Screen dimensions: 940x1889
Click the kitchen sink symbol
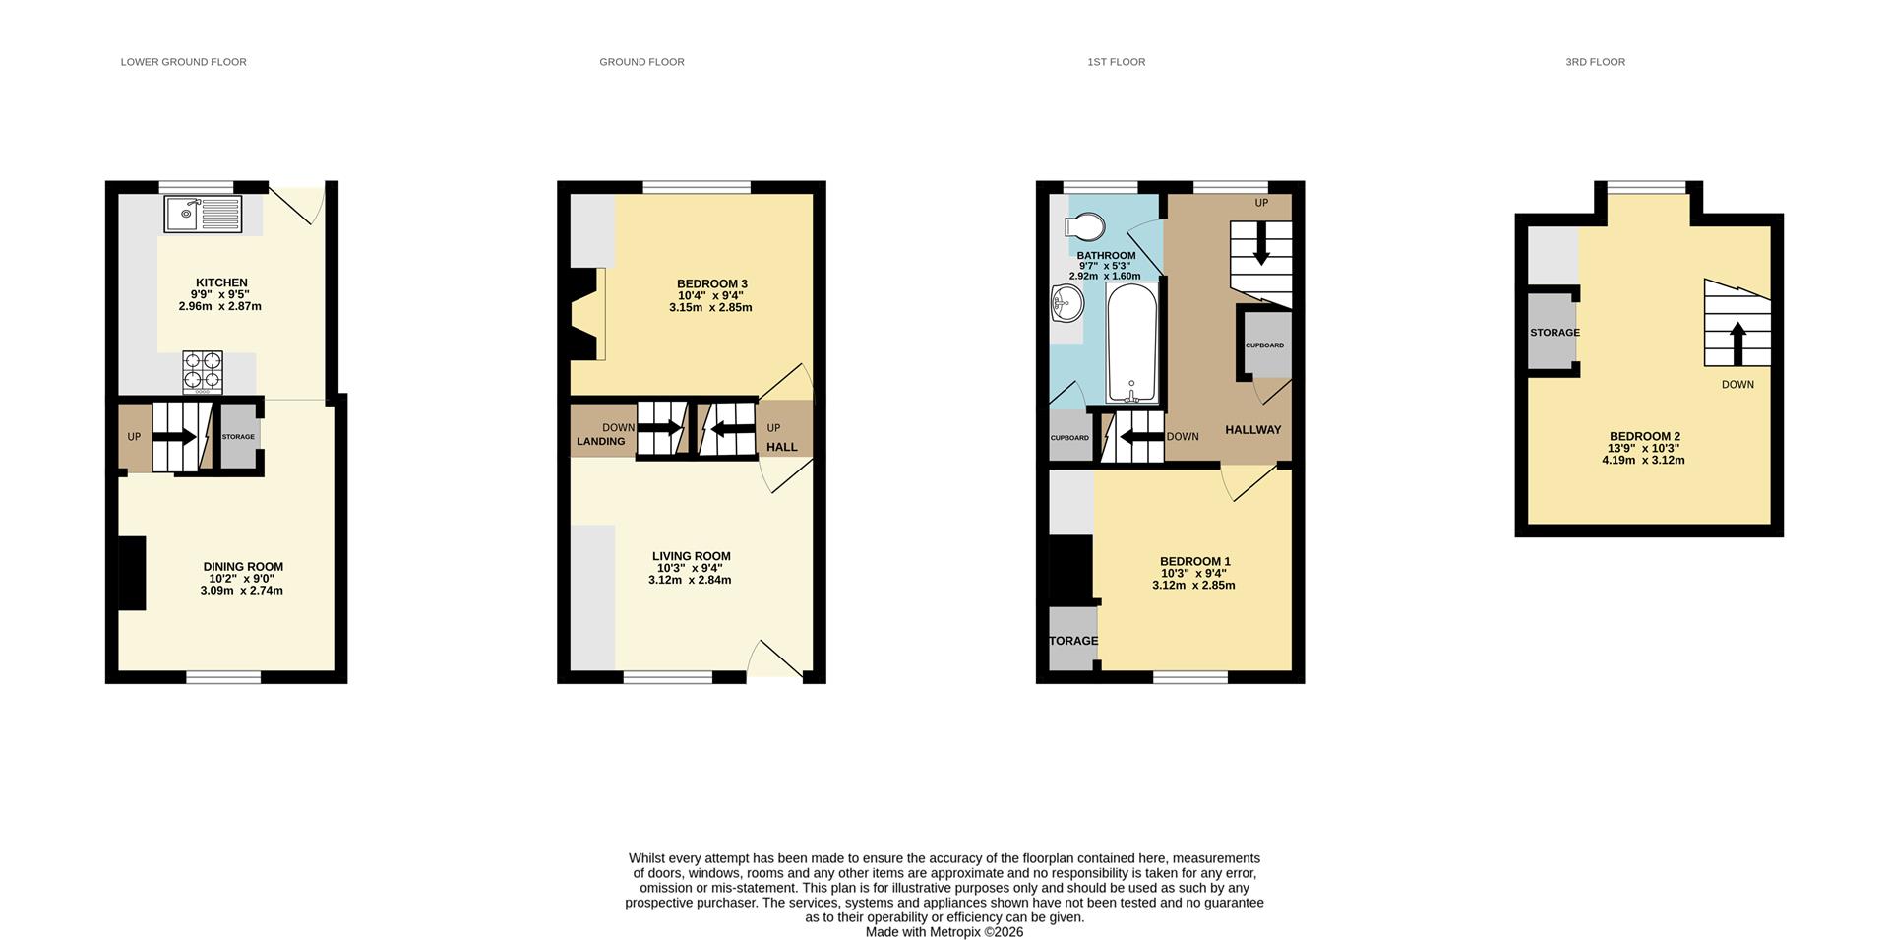coord(204,214)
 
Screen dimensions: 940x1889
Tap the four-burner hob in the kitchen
coord(202,371)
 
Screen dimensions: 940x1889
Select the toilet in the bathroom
coord(1084,227)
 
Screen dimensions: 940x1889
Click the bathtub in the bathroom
coord(1132,343)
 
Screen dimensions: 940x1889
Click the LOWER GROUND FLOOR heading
coord(183,62)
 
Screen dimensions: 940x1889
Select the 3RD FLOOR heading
coord(1595,62)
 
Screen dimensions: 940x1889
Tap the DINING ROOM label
coord(243,567)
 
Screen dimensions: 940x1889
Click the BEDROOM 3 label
coord(711,284)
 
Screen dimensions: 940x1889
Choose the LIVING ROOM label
coord(691,556)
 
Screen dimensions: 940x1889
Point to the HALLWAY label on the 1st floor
coord(1252,430)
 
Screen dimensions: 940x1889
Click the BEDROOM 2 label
coord(1644,437)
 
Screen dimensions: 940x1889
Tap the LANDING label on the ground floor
coord(600,442)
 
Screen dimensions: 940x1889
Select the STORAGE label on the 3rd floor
coord(1554,333)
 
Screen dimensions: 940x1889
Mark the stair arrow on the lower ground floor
coord(175,436)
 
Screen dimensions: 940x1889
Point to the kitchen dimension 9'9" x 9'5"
coord(219,294)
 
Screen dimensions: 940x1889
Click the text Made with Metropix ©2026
coord(944,932)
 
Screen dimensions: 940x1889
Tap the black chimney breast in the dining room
coord(132,573)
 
